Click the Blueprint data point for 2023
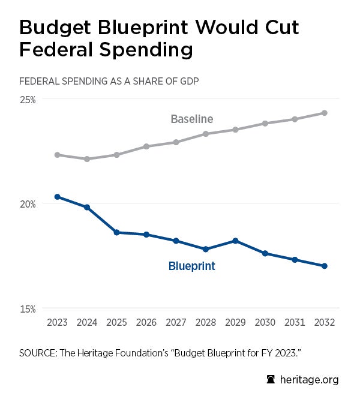click(57, 197)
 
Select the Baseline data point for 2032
click(324, 113)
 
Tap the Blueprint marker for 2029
click(235, 241)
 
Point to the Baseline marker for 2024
click(87, 159)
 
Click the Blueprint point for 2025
click(116, 232)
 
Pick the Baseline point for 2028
click(206, 134)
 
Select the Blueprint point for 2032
click(324, 266)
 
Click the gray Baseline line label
click(191, 119)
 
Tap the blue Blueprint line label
click(191, 266)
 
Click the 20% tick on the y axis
click(28, 204)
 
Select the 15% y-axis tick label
click(28, 309)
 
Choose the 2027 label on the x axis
click(176, 322)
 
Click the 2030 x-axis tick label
click(265, 322)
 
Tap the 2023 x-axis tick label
click(57, 322)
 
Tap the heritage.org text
click(308, 380)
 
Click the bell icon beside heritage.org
click(270, 380)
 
